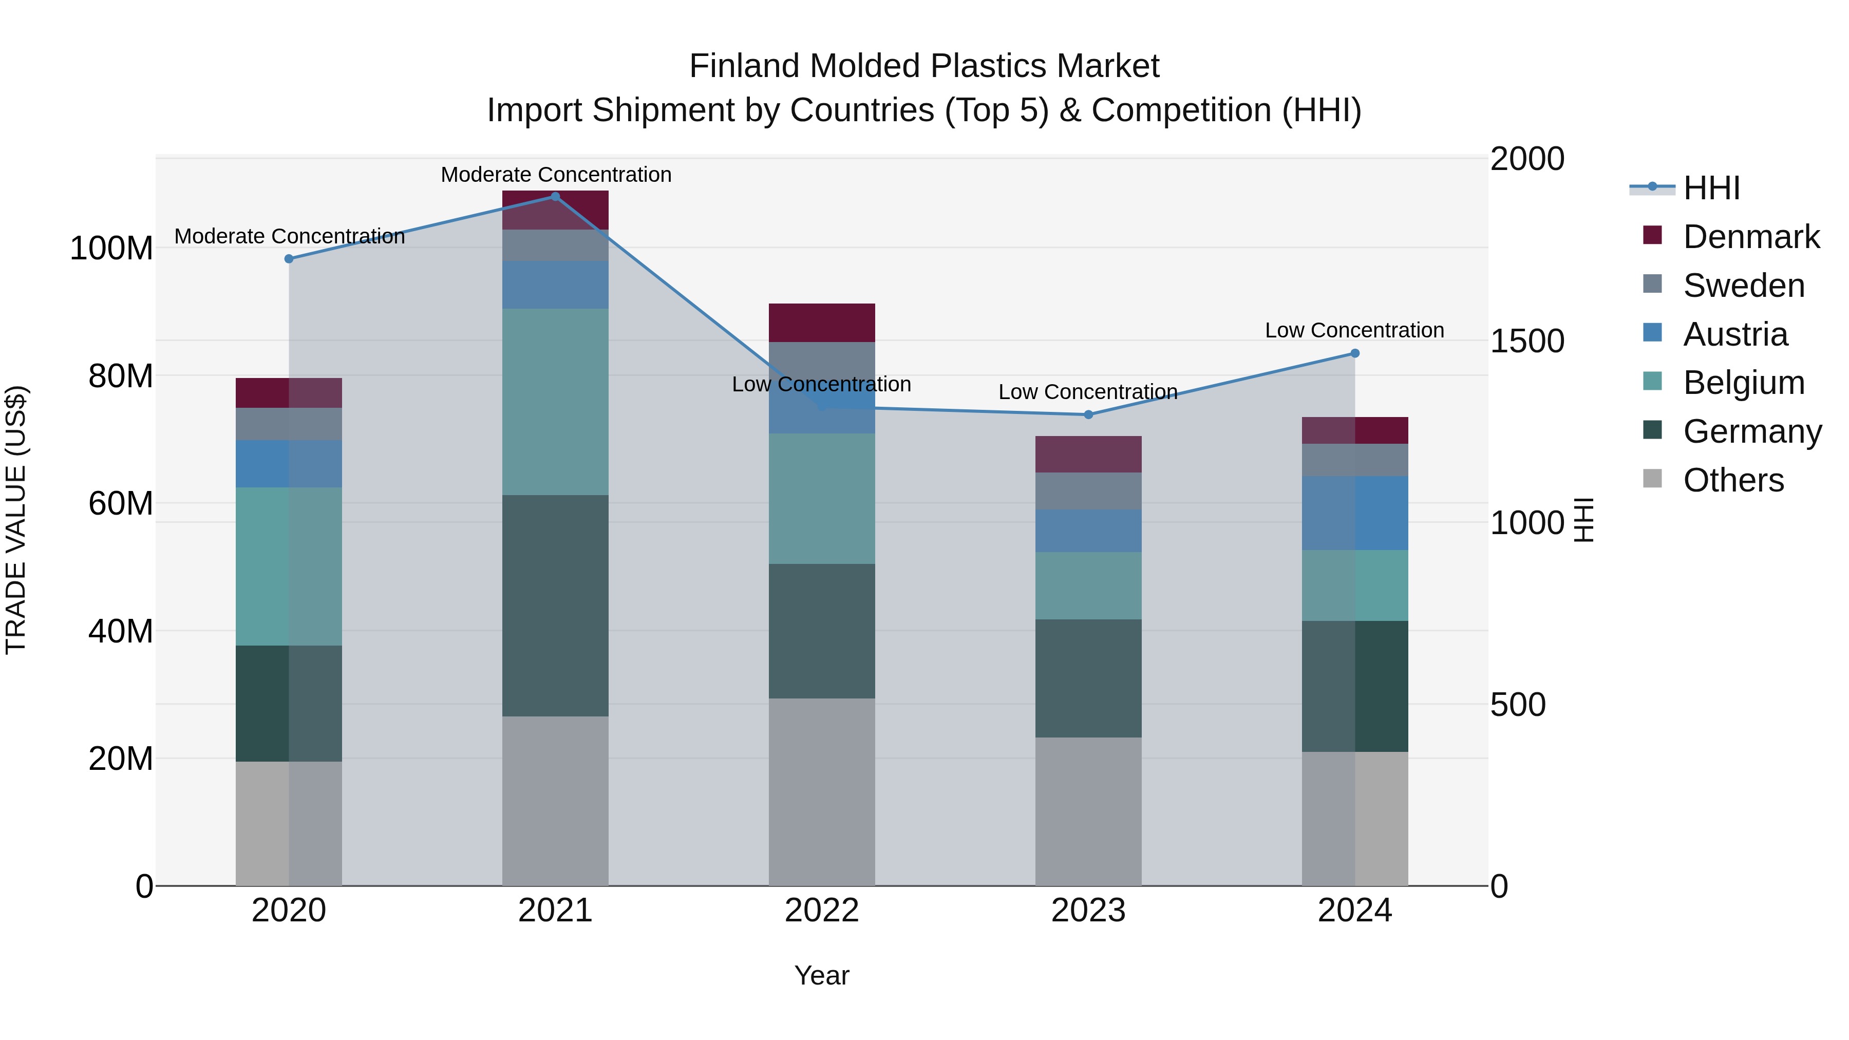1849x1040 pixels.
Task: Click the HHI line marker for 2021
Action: click(555, 197)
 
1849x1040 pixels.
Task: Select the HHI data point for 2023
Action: click(1088, 414)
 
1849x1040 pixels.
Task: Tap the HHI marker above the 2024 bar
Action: click(1354, 353)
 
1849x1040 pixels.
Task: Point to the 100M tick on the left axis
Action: click(111, 249)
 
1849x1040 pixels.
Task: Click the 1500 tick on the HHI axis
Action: click(1527, 341)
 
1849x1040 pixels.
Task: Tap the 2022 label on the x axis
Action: click(821, 911)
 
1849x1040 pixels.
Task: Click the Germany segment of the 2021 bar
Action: click(555, 605)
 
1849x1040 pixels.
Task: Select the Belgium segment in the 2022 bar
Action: click(821, 498)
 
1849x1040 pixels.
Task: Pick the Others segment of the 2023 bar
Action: click(1088, 811)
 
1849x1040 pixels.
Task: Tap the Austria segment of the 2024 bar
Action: click(1354, 513)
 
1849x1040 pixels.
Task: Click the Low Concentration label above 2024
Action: click(1354, 330)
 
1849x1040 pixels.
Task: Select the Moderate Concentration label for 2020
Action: click(289, 236)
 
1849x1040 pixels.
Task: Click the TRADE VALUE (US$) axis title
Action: click(16, 520)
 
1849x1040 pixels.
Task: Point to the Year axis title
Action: click(821, 975)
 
